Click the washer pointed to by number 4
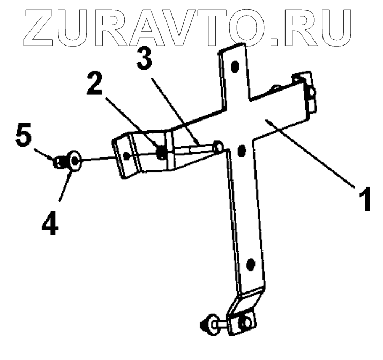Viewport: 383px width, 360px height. click(74, 160)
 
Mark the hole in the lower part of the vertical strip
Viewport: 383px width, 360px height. click(250, 264)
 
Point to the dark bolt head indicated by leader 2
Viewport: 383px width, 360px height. click(161, 153)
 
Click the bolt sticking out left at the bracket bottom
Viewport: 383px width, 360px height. click(206, 325)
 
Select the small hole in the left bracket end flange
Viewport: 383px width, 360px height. click(126, 156)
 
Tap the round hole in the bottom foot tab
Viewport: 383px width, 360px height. click(246, 323)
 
